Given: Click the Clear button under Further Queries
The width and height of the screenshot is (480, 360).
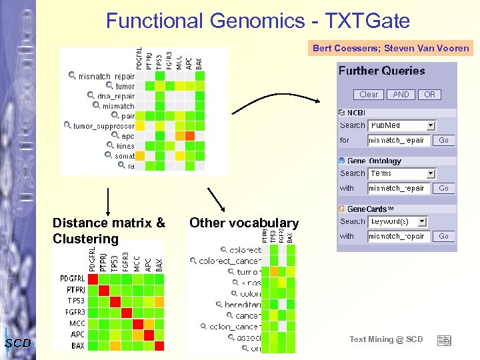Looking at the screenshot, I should coord(369,95).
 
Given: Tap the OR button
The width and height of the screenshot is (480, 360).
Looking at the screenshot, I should coord(429,95).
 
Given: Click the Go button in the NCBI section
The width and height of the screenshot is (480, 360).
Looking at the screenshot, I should coord(443,140).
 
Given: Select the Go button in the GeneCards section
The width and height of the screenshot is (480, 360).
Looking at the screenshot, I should coord(443,236).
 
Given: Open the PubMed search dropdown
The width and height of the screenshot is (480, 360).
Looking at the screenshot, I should coord(431,125).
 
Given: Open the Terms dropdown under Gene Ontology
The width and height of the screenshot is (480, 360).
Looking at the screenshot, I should coord(431,173).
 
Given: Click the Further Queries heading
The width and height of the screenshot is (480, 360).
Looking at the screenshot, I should coord(381,71).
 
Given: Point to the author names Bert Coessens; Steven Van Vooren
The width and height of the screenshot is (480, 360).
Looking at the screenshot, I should coord(391,48).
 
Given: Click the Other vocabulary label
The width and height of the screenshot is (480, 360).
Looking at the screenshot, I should coord(244,223).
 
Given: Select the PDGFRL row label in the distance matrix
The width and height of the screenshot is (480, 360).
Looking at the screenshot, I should coord(72,278).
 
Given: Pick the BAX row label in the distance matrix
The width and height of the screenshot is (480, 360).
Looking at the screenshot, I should coord(78,346).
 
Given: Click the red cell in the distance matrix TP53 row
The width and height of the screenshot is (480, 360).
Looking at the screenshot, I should coord(115,301).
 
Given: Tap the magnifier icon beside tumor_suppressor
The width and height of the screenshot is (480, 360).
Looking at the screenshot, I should coord(67,125).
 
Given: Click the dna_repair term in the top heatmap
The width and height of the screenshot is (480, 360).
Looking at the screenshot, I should coord(116,96).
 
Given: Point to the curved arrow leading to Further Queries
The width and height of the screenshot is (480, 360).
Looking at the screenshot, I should coord(280,100).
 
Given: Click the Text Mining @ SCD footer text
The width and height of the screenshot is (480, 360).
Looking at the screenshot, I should coord(386,339).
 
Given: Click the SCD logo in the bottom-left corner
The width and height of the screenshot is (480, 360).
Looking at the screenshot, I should coord(17,343).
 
